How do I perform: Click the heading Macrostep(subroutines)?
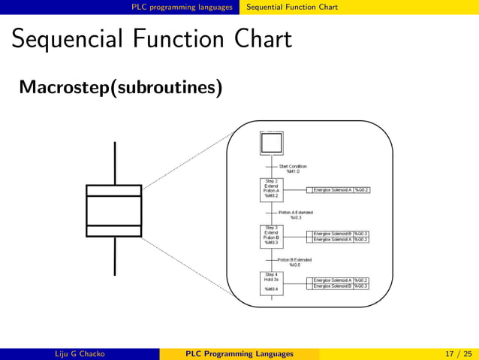(x=120, y=89)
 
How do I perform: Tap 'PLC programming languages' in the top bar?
(x=182, y=7)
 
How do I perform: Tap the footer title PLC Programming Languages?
(x=239, y=353)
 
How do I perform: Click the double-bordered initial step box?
(x=271, y=143)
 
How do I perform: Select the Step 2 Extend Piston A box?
(x=271, y=190)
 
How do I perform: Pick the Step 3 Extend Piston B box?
(x=271, y=235)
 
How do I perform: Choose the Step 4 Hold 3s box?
(x=271, y=283)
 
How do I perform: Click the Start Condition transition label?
(x=292, y=168)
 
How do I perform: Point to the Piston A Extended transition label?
(x=295, y=215)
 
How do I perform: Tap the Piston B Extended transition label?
(x=294, y=262)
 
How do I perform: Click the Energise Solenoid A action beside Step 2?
(x=333, y=190)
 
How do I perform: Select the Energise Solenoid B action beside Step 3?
(x=333, y=234)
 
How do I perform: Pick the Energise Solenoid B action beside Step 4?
(x=333, y=286)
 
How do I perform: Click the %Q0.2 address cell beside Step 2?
(x=361, y=190)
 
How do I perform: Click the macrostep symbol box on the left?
(x=114, y=210)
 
